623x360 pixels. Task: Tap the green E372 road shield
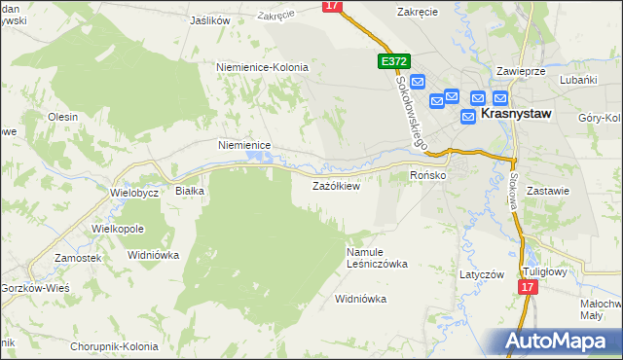[392, 61]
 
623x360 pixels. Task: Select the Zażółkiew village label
[336, 186]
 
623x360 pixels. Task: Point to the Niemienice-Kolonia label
[262, 68]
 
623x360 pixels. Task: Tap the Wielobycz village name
[134, 193]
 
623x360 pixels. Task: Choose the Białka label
[189, 192]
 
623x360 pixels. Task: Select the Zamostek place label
[79, 258]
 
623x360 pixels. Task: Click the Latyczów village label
[482, 274]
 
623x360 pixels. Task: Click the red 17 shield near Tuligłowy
[527, 288]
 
